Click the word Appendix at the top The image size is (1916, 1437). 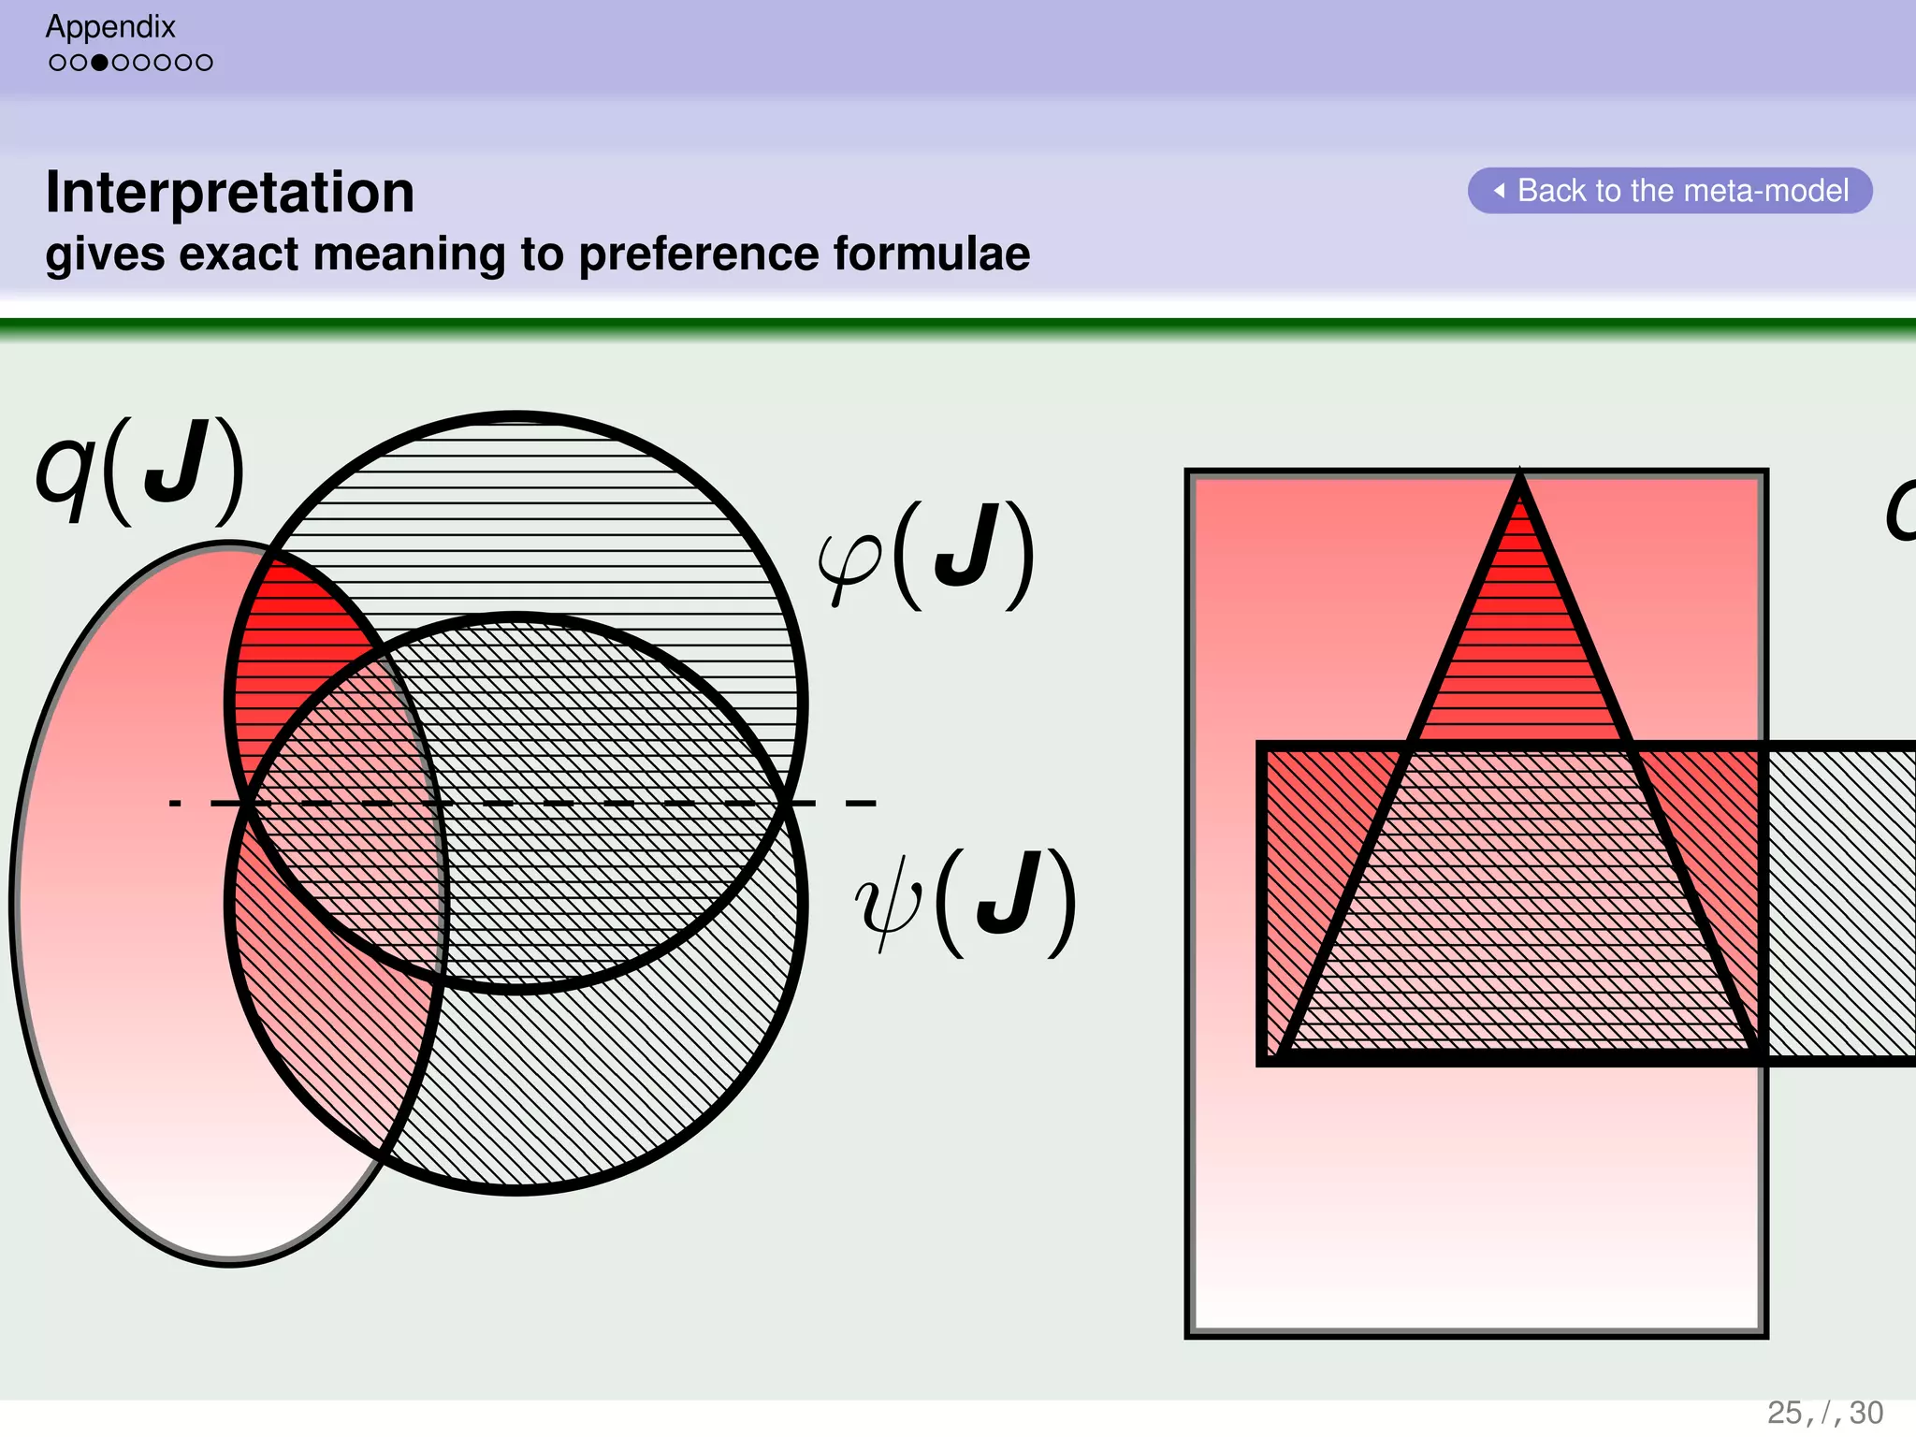click(x=110, y=26)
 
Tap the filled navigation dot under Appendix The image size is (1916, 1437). click(x=99, y=63)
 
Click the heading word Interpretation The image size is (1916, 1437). click(x=229, y=192)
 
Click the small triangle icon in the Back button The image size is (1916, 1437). click(x=1500, y=191)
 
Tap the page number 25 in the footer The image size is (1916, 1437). click(x=1784, y=1413)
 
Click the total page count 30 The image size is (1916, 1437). click(x=1866, y=1413)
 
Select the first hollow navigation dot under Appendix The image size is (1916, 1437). click(x=58, y=63)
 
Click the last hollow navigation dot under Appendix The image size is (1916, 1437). click(x=205, y=63)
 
